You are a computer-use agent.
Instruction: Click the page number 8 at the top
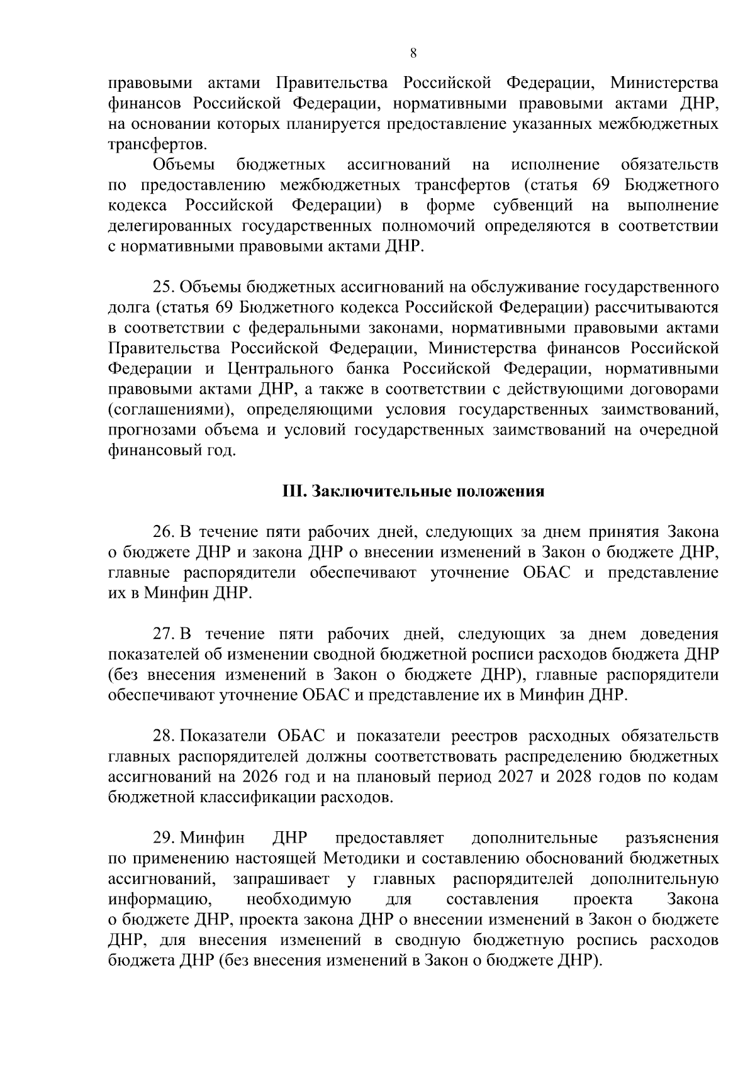point(413,53)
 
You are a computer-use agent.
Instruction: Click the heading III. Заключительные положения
point(413,491)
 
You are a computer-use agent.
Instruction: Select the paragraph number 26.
point(164,532)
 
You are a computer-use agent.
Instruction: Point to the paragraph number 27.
point(164,634)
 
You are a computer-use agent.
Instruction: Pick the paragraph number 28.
point(164,736)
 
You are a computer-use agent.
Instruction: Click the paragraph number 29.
point(164,838)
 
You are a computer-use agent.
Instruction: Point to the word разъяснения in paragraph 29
point(673,838)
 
